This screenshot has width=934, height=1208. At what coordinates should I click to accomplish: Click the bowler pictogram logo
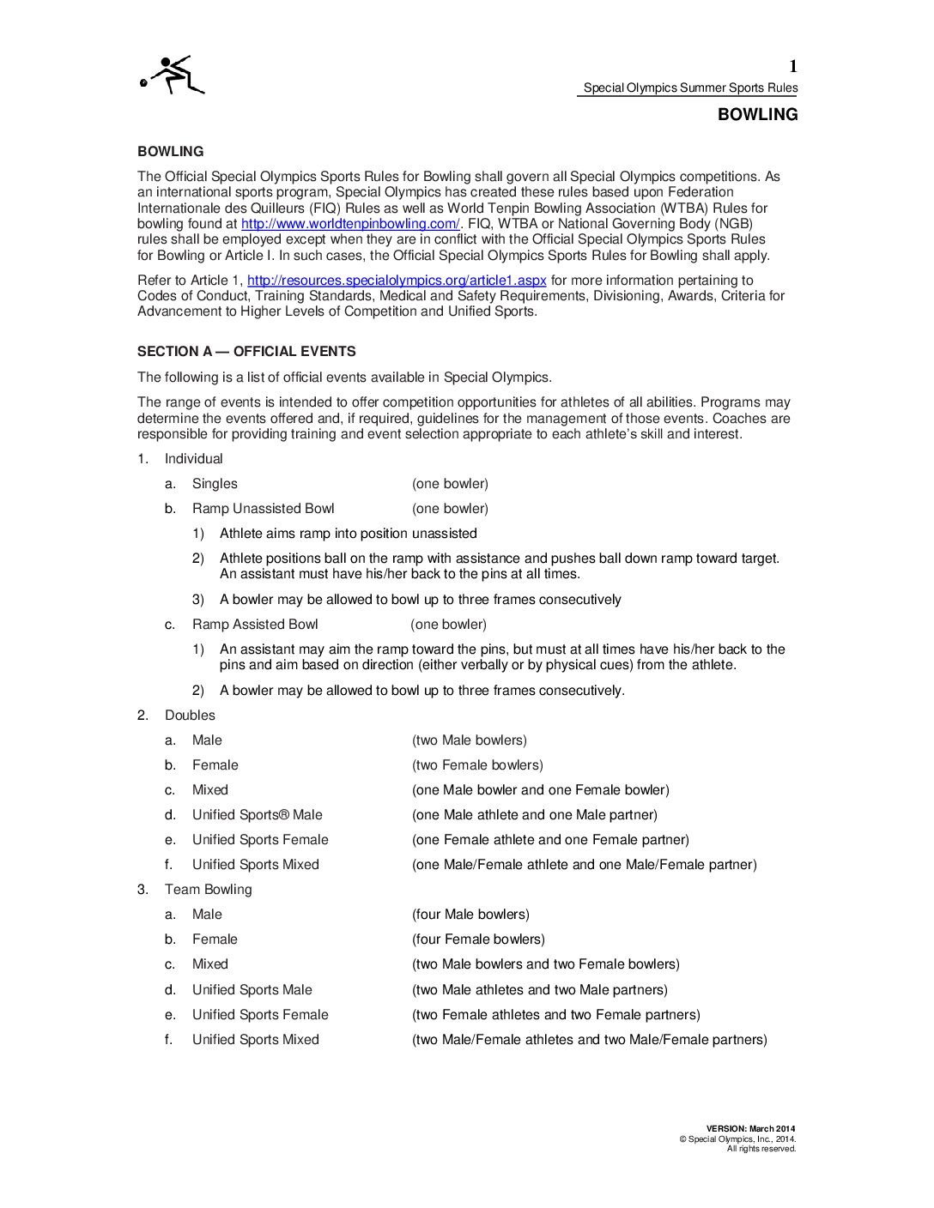[173, 75]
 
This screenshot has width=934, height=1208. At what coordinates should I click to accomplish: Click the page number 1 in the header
[792, 66]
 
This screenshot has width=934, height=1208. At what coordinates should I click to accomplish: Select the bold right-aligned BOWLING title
[757, 115]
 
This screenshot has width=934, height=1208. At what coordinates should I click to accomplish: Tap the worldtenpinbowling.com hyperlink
[350, 224]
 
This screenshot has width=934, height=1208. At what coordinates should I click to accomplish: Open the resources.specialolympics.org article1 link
[397, 281]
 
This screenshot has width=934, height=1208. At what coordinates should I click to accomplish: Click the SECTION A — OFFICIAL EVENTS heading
[246, 352]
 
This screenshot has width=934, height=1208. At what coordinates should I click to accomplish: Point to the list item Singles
[215, 484]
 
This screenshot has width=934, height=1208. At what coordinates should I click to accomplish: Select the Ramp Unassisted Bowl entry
[263, 509]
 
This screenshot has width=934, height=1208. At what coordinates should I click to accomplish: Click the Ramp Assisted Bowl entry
[255, 625]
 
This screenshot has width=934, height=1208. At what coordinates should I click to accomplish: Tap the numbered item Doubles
[190, 716]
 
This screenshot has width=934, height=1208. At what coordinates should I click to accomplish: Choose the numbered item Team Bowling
[208, 890]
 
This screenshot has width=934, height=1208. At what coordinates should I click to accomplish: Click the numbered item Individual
[193, 459]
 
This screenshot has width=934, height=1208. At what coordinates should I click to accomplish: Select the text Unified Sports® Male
[257, 815]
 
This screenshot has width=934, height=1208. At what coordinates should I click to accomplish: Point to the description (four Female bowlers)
[478, 939]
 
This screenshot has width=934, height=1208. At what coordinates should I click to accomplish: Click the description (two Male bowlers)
[470, 740]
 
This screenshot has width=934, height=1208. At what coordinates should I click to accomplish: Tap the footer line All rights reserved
[761, 1149]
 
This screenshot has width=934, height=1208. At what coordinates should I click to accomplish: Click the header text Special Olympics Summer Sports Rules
[690, 88]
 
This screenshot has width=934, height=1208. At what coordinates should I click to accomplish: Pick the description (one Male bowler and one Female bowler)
[540, 790]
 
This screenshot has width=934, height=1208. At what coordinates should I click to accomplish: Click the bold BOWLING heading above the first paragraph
[170, 152]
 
